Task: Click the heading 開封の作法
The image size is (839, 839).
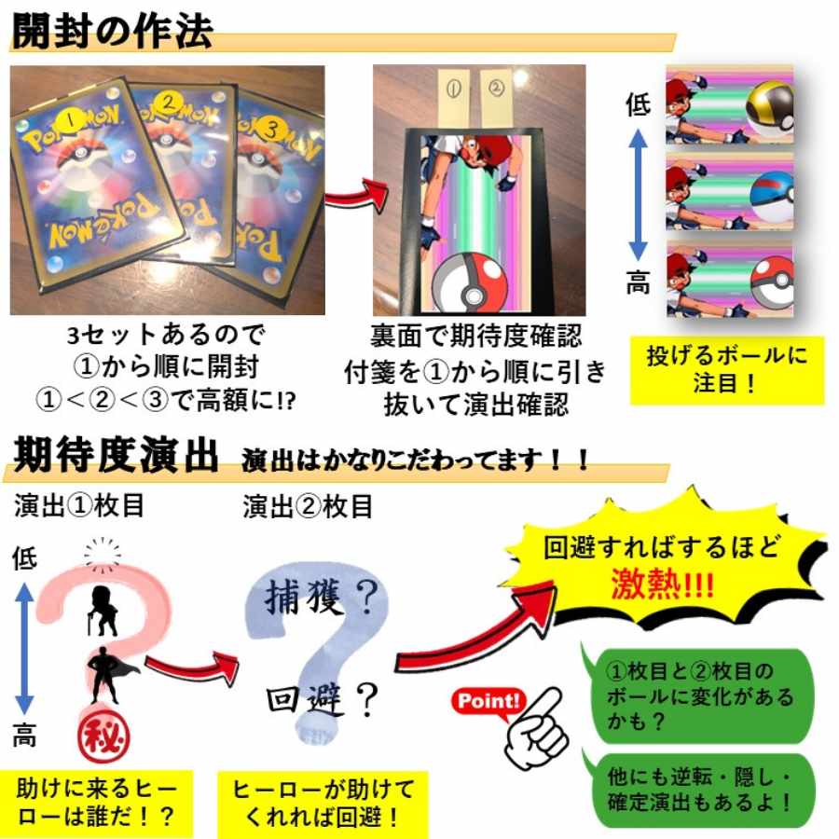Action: (x=112, y=30)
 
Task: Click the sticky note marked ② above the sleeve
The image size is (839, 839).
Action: (x=495, y=90)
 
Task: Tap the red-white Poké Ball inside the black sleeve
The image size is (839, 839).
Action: (x=471, y=278)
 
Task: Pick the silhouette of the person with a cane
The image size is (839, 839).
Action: (x=103, y=610)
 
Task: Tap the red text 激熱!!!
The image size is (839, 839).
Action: (x=664, y=584)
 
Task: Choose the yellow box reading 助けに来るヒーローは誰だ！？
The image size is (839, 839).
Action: (x=96, y=803)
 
